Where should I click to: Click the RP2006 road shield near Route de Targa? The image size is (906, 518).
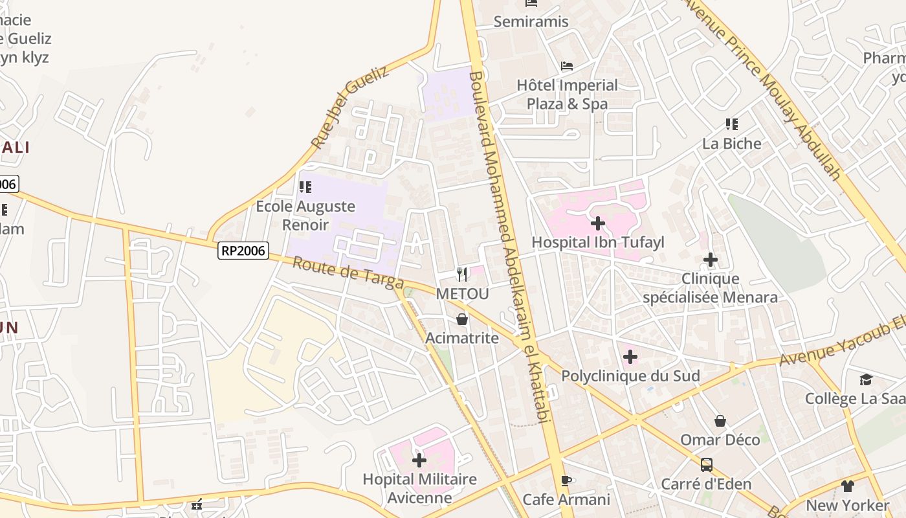pos(243,251)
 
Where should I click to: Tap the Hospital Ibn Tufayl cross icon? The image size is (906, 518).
pos(598,224)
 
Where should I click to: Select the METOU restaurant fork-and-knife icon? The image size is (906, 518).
pos(462,275)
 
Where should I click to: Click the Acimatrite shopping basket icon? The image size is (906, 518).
pos(462,319)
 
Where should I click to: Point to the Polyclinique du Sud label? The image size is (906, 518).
pos(630,376)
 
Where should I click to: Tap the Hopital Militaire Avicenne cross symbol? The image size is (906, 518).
pos(419,460)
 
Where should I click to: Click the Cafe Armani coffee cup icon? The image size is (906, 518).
pos(566,480)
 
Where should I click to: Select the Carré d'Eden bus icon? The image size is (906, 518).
pos(706,464)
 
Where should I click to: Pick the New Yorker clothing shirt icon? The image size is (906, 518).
pos(847,486)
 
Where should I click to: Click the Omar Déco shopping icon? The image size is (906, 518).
pos(720,421)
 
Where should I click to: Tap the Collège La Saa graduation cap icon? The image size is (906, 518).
pos(866,379)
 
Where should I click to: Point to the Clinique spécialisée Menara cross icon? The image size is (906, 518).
pos(711,260)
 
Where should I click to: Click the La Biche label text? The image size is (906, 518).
pos(732,143)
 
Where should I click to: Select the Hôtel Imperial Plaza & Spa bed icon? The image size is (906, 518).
pos(567,66)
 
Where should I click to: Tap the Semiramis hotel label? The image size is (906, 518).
pos(531,21)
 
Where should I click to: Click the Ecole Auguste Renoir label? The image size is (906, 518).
pos(305,216)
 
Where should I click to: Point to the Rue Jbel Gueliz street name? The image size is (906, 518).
pos(349,107)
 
